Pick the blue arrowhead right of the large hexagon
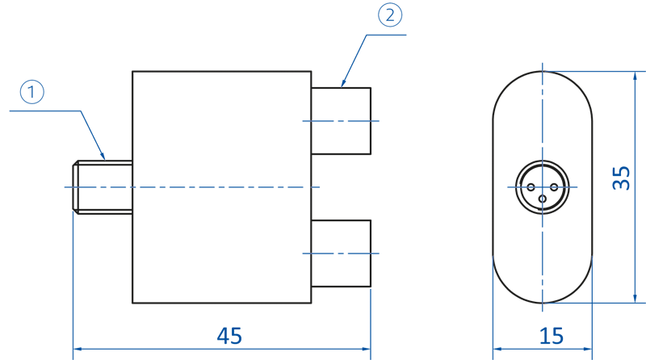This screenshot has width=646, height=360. (x=329, y=186)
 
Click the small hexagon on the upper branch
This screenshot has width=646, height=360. (x=341, y=121)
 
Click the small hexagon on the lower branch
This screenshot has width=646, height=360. (x=341, y=253)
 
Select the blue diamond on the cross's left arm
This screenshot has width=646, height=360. (x=506, y=187)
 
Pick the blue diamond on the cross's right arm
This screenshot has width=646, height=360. (x=577, y=187)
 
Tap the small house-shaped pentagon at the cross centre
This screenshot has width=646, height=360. (x=542, y=182)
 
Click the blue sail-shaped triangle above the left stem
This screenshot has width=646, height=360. (x=61, y=113)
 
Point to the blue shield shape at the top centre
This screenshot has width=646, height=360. (x=404, y=36)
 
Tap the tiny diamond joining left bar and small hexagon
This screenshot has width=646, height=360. (x=75, y=186)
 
